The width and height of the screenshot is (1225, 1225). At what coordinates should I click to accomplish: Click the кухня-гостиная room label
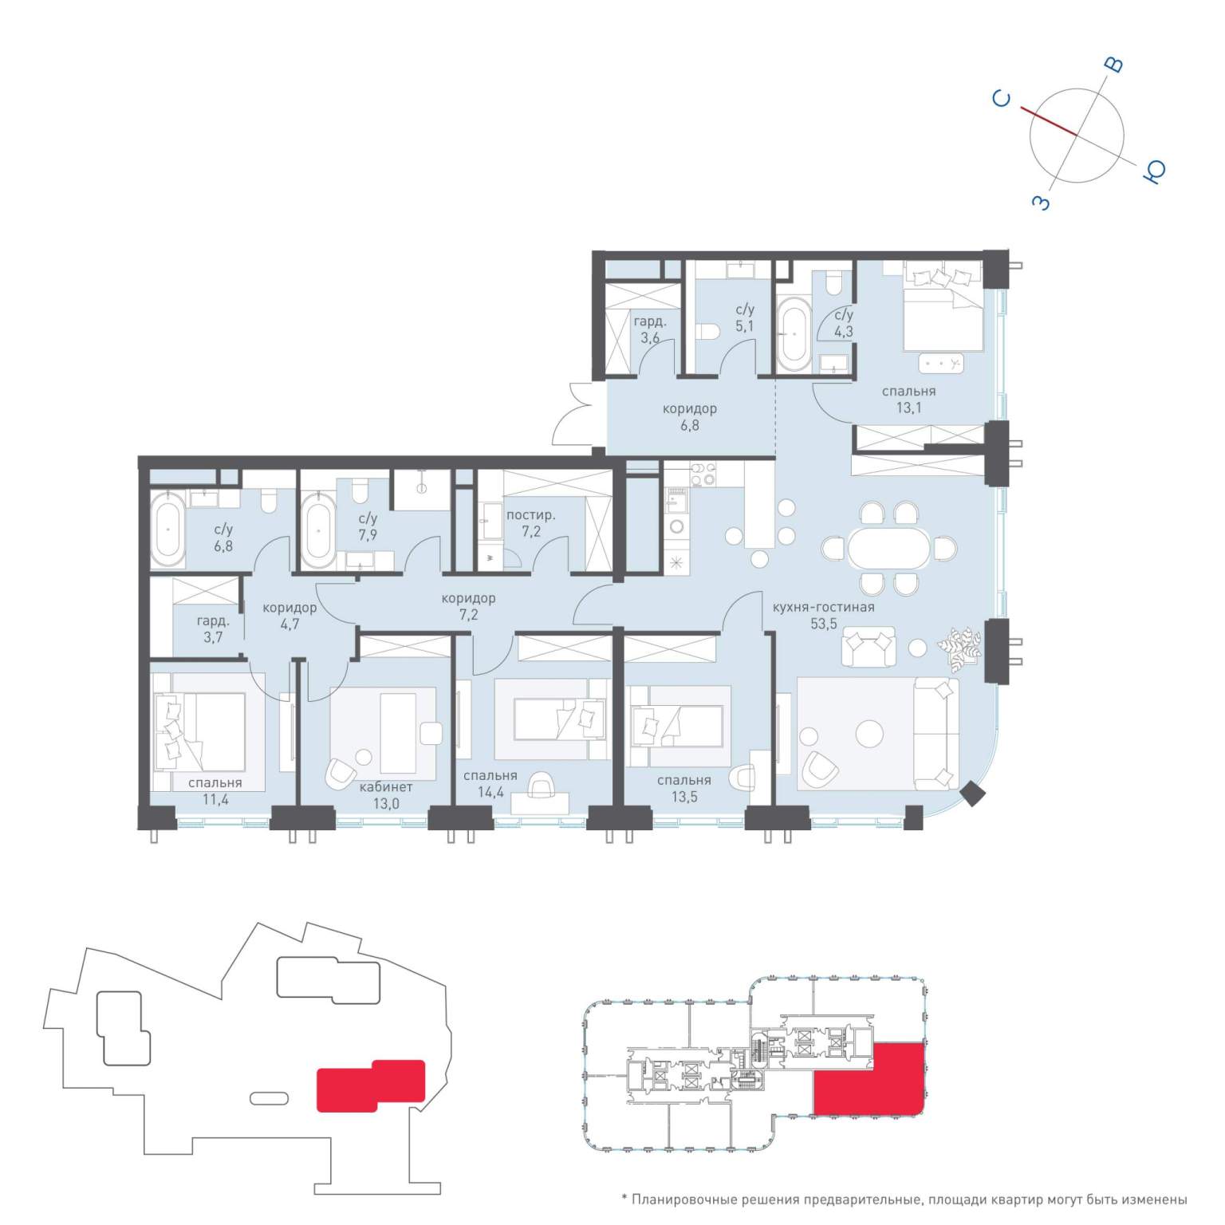coord(823,607)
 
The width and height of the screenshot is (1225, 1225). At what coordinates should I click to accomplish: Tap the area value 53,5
coord(824,624)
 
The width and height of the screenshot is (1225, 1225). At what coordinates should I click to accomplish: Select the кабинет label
coord(386,786)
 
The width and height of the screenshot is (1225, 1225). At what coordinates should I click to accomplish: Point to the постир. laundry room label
coord(530,515)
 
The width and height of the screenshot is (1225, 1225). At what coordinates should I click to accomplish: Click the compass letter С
coord(1002,98)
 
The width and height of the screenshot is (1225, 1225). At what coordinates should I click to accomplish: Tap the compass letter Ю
coord(1154,171)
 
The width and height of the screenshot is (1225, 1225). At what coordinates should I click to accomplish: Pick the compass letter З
coord(1041,202)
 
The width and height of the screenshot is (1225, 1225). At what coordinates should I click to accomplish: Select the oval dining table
coord(888,548)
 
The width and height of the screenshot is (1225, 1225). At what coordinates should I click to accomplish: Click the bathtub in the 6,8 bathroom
coord(168,529)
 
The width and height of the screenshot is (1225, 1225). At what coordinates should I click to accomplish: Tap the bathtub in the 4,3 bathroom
coord(794,334)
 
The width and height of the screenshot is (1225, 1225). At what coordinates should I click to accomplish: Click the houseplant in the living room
coord(959,648)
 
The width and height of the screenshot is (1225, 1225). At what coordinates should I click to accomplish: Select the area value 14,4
coord(490,793)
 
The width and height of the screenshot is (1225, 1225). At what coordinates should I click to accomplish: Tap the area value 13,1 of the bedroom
coord(908,408)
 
